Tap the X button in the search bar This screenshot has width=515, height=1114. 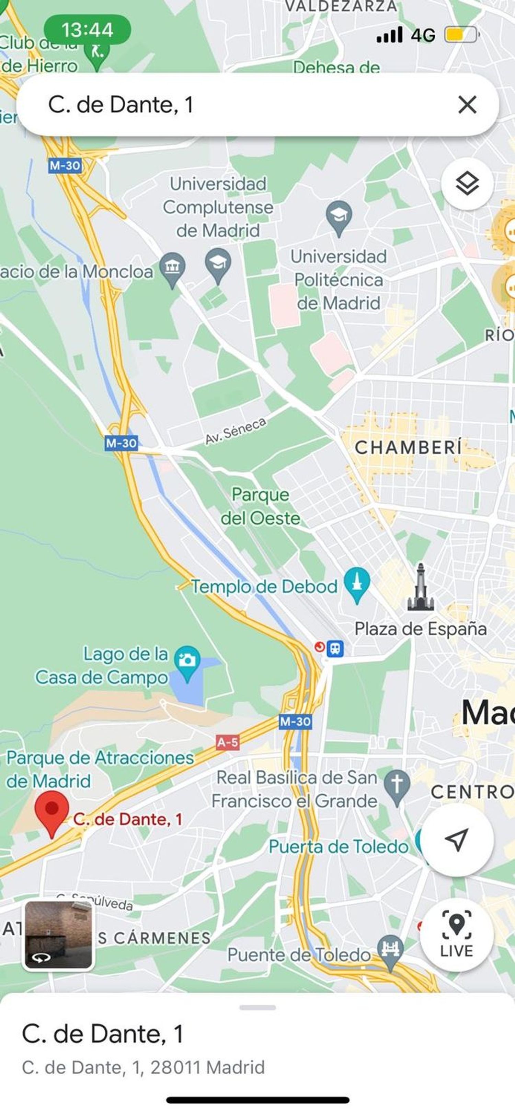tap(467, 105)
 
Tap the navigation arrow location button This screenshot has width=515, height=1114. tap(457, 840)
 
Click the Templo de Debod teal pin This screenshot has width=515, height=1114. tap(357, 583)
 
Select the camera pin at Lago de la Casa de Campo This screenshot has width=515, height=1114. tap(187, 662)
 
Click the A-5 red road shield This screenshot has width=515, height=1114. tap(228, 742)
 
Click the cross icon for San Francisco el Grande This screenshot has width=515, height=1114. tap(397, 786)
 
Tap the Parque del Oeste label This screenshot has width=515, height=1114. tap(261, 506)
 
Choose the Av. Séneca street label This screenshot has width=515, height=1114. tap(236, 431)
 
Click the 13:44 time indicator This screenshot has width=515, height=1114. tap(87, 30)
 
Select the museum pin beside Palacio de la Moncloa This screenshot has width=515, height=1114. tap(172, 268)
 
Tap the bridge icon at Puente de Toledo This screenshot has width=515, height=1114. tap(390, 951)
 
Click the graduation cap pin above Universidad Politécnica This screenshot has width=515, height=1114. tap(339, 216)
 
